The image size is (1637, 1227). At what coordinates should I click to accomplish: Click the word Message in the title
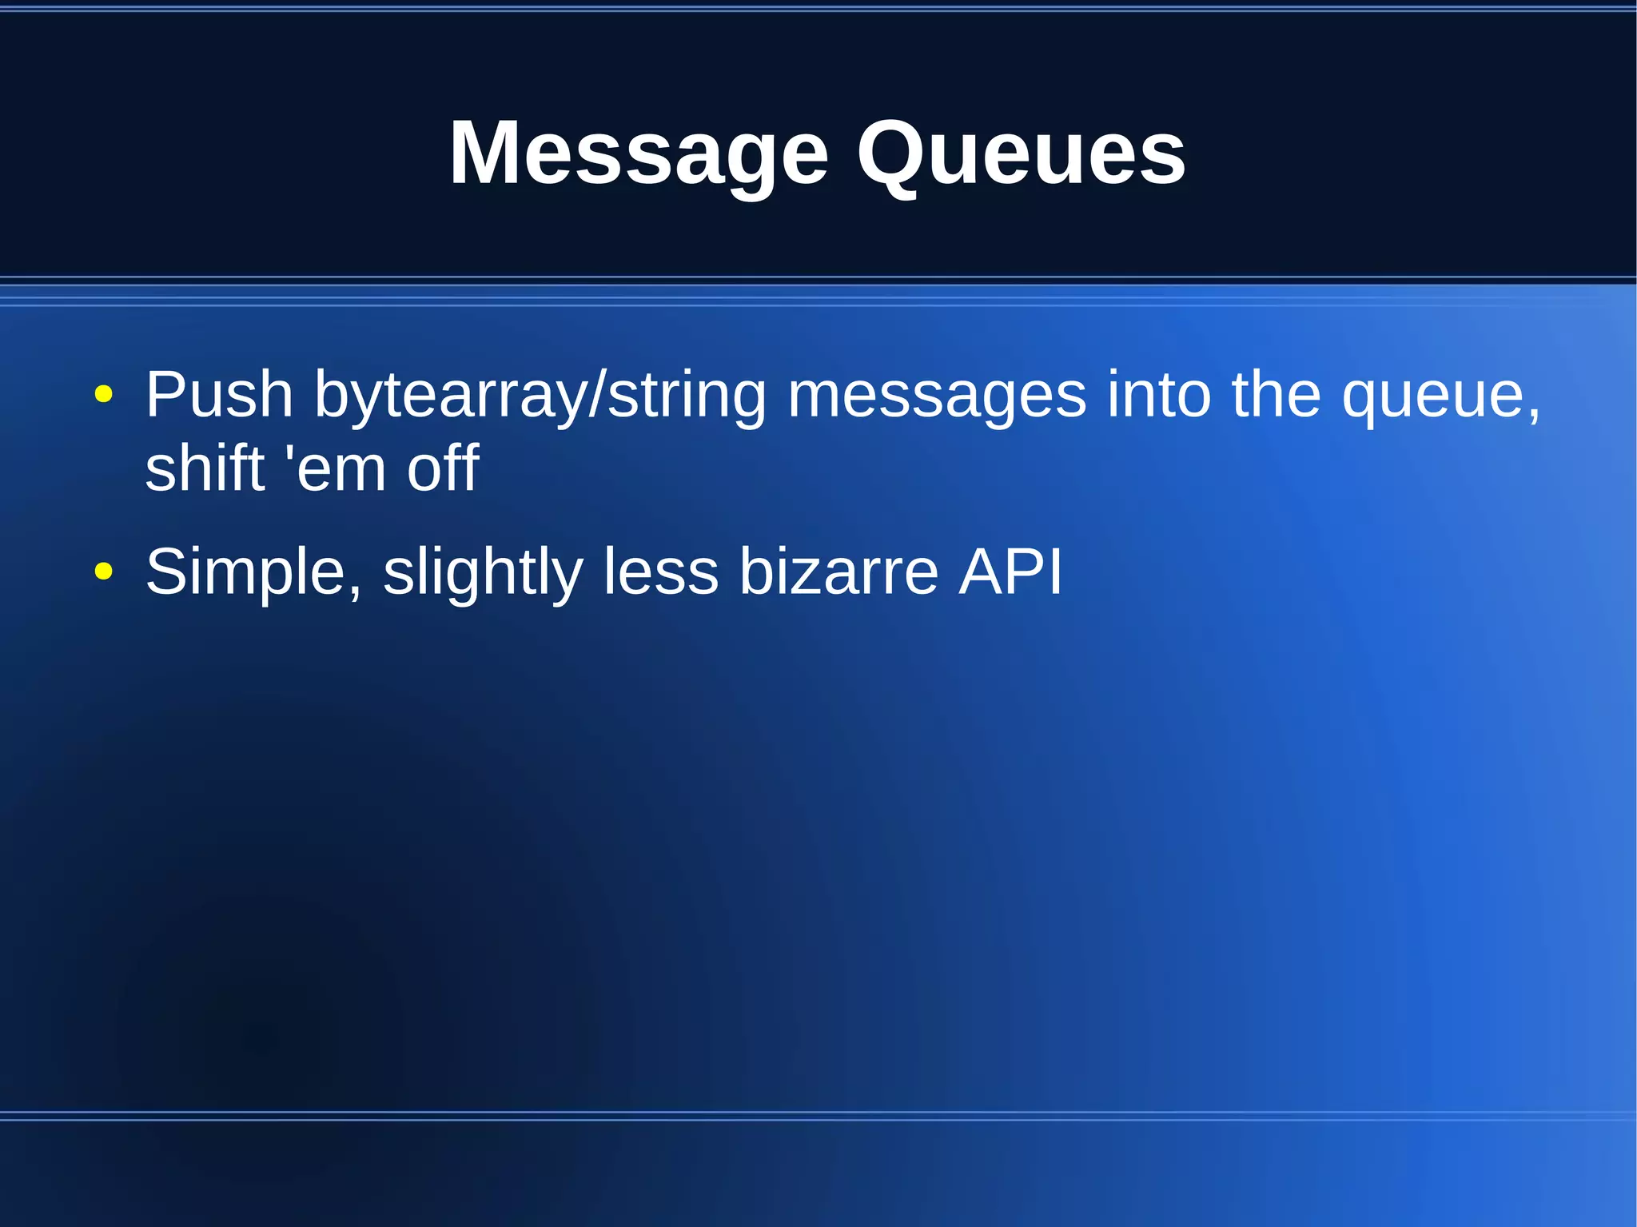pos(639,153)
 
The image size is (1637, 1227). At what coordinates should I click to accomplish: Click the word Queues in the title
pos(1021,153)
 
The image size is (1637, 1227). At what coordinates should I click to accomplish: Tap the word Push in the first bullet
pos(219,395)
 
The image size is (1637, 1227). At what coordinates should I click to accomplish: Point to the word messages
pos(937,395)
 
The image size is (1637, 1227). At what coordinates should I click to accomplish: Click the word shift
pos(205,468)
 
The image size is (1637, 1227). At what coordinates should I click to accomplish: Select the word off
pos(443,468)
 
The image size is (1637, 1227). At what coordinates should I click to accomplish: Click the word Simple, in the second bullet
pos(253,572)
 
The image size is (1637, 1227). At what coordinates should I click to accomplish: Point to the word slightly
pos(483,572)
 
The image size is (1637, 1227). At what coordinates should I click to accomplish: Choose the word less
pos(660,572)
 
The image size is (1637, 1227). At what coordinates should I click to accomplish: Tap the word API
pos(1010,572)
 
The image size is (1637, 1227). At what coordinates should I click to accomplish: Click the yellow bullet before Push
pos(103,394)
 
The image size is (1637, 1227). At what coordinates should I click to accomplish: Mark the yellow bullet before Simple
pos(103,571)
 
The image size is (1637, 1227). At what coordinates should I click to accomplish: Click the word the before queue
pos(1276,395)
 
